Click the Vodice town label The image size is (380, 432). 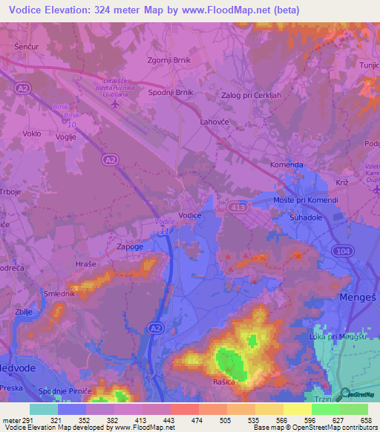[x=191, y=215]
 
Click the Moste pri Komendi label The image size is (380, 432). [x=305, y=201]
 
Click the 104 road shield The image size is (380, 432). [x=343, y=251]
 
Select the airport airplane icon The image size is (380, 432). [x=114, y=104]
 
